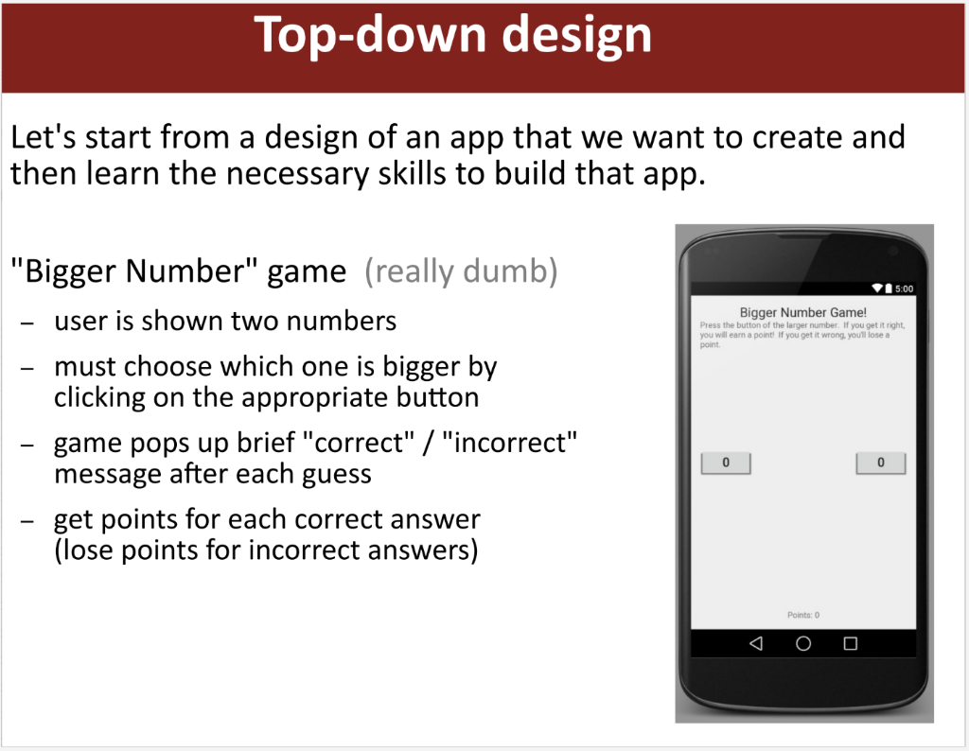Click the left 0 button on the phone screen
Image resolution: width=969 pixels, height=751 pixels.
click(x=726, y=463)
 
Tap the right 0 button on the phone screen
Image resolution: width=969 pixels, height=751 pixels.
click(x=881, y=463)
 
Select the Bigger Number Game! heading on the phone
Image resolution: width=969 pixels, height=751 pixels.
click(x=802, y=312)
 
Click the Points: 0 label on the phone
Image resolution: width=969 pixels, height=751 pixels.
click(x=803, y=615)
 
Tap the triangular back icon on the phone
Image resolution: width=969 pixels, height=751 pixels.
click(x=755, y=643)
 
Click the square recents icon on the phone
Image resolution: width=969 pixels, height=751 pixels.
click(x=850, y=643)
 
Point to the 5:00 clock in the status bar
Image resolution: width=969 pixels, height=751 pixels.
click(x=905, y=288)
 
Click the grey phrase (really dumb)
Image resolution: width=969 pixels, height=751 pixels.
click(x=461, y=272)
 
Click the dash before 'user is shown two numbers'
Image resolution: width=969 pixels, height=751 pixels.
click(x=27, y=323)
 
